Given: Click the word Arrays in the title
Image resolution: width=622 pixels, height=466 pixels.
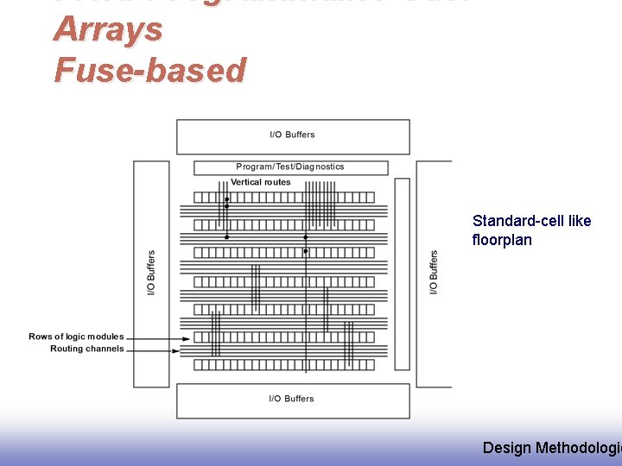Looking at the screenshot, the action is (107, 29).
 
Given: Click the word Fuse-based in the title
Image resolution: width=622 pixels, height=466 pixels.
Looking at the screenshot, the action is (149, 70).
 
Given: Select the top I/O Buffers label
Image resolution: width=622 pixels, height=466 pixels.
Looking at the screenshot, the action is (292, 135).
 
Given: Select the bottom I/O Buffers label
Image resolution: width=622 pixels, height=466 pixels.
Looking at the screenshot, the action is (292, 399).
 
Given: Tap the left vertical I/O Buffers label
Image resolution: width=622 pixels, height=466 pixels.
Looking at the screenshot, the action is (151, 272).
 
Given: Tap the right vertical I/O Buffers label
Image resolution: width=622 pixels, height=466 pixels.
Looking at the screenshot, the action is (434, 272).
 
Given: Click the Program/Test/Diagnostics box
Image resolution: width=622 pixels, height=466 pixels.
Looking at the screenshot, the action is (290, 167).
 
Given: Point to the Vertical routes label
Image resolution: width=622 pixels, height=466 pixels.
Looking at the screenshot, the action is (260, 182).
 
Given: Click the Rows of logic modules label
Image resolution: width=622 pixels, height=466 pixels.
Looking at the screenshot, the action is (76, 337).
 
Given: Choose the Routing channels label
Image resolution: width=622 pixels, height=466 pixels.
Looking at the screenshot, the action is (86, 349).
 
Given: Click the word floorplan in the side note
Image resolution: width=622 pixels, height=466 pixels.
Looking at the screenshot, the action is (502, 240).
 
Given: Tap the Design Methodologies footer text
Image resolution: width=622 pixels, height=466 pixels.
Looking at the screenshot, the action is (551, 447).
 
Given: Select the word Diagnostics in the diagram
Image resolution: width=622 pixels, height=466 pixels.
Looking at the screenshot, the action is (321, 167).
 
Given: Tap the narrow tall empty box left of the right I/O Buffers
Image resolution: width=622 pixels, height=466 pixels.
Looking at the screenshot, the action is (402, 274).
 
